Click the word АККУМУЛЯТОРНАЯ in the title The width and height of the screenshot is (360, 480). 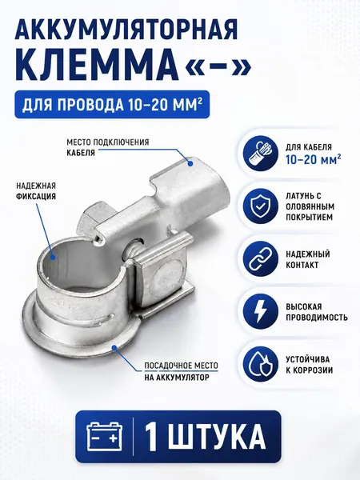click(126, 30)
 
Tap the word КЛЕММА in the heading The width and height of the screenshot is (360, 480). click(97, 66)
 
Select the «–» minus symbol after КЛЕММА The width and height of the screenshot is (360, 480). click(218, 66)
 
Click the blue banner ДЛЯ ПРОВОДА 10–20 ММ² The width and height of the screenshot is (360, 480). click(112, 104)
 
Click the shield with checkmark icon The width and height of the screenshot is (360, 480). click(260, 206)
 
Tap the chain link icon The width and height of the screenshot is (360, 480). click(260, 259)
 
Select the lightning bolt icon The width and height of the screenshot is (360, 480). click(260, 312)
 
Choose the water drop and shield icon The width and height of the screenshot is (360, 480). click(260, 365)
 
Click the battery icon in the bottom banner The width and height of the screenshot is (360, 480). click(104, 436)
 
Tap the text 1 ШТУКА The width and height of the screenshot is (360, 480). click(205, 437)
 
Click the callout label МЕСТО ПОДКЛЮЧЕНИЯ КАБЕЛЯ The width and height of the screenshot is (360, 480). click(108, 147)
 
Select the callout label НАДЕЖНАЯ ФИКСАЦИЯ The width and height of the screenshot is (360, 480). click(36, 190)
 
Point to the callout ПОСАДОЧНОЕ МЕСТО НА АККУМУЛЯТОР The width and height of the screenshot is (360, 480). click(181, 371)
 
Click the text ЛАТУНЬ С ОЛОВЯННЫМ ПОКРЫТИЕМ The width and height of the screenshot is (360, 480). click(310, 206)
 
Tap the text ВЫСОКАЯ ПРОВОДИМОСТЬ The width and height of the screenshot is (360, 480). click(317, 312)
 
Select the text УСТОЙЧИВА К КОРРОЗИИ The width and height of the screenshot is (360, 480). click(309, 365)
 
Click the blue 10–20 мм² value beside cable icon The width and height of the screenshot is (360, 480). click(314, 159)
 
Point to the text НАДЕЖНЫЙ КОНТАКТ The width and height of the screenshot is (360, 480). click(308, 259)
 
